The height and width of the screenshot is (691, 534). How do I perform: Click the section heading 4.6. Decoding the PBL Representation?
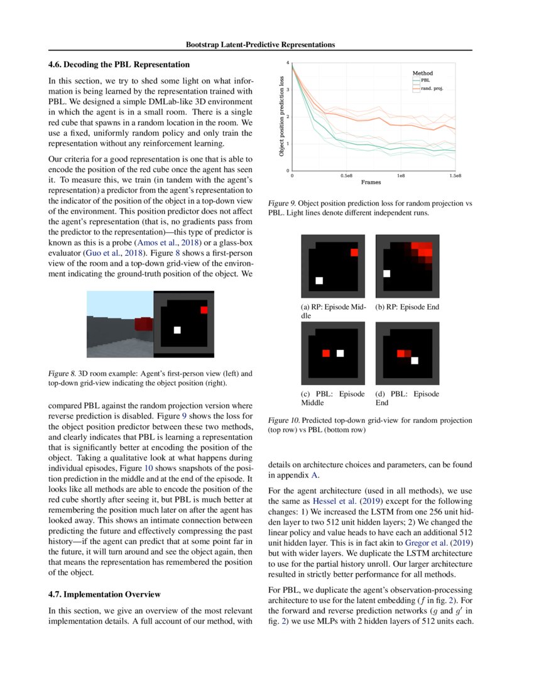pos(119,64)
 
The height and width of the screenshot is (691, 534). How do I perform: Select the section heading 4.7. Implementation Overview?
pos(104,594)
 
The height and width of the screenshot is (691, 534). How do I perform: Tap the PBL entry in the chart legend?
pos(425,80)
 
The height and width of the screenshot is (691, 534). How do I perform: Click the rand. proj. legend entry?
pos(433,89)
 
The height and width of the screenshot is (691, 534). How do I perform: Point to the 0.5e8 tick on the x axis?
pos(346,176)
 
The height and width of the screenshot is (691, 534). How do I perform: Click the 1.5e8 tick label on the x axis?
pos(454,176)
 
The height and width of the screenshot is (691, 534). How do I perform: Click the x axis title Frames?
pos(371,182)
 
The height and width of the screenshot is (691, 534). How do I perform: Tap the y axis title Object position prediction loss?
pos(281,117)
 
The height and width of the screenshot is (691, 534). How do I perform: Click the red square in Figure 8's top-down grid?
pos(204,310)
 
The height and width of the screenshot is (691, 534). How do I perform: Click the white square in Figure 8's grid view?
pos(178,329)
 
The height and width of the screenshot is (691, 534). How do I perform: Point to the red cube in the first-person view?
pos(144,324)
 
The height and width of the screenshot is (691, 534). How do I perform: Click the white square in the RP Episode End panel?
pos(387,273)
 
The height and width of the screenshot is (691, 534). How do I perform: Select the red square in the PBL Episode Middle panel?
pos(325,353)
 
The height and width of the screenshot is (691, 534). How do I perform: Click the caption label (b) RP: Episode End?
pos(406,307)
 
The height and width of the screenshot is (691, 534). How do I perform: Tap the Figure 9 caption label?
pos(281,204)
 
